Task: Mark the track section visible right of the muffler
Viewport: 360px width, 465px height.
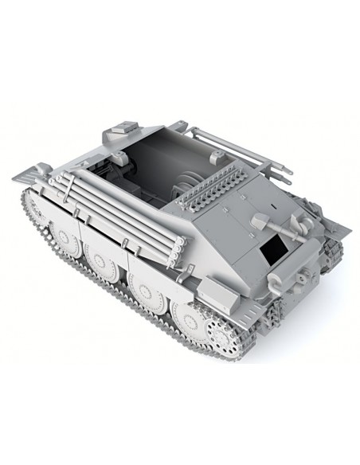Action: pos(333,253)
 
